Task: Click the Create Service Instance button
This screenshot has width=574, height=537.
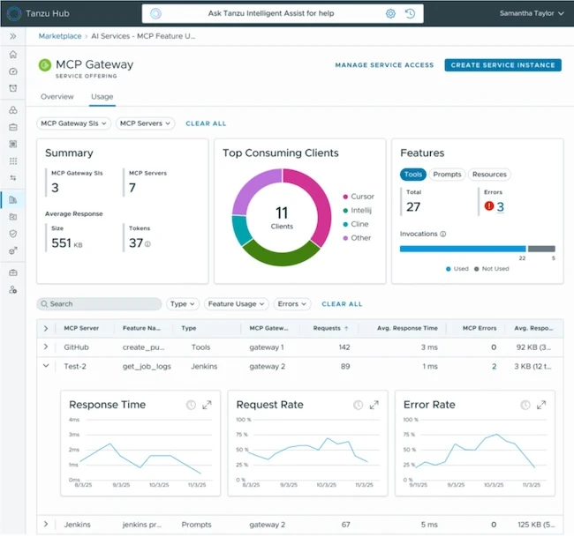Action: coord(502,64)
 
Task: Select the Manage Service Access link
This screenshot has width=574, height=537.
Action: coord(384,64)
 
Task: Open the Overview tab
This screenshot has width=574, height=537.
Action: coord(57,96)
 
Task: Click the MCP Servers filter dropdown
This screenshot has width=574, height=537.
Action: coord(146,123)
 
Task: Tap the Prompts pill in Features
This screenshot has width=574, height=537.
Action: coord(447,175)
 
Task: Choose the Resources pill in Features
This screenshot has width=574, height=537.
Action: coord(488,175)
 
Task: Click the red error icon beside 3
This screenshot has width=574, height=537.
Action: coord(488,206)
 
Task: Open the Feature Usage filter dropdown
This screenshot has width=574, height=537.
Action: coord(236,303)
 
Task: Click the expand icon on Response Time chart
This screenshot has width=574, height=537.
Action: coord(207,405)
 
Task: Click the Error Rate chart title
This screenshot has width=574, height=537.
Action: coord(429,405)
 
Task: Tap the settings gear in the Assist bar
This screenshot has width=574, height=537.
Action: coord(390,13)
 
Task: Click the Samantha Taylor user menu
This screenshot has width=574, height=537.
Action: coord(532,13)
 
